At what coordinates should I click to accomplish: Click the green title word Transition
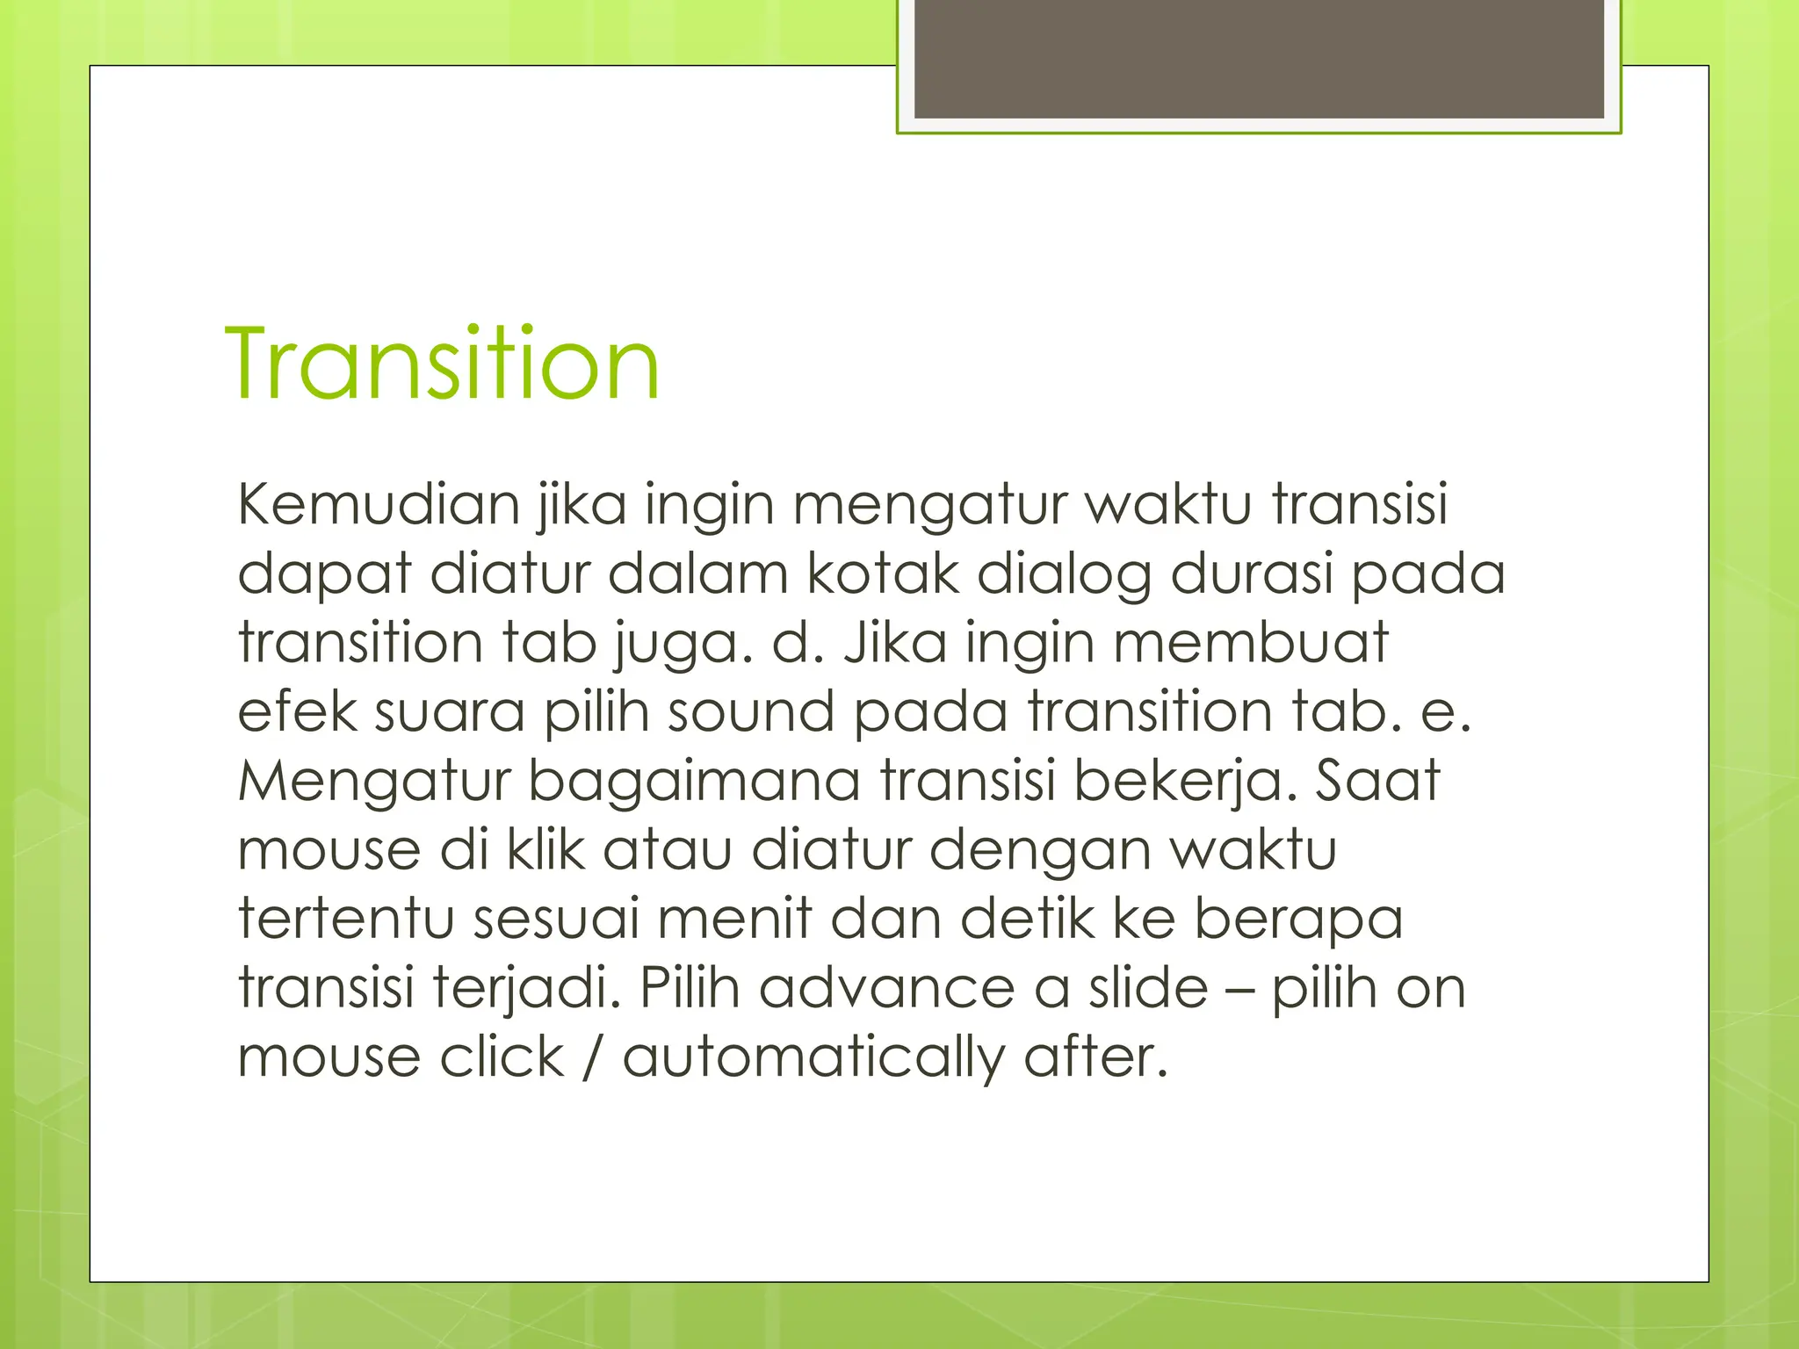[x=442, y=364]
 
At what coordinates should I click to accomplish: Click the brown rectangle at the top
[x=1259, y=59]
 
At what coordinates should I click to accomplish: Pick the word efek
[x=296, y=711]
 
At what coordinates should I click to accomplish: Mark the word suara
[x=450, y=712]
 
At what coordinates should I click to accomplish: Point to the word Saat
[x=1376, y=780]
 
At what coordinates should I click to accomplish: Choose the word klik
[x=545, y=849]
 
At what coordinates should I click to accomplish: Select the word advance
[x=886, y=988]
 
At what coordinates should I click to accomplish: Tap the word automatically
[x=813, y=1057]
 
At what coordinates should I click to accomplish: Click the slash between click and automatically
[x=593, y=1057]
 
